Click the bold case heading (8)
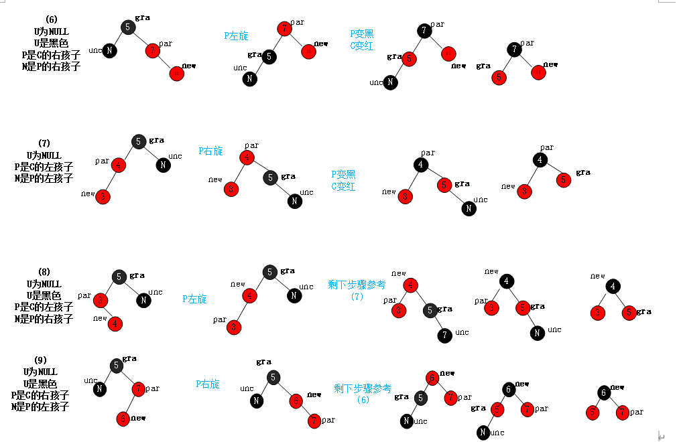click(x=44, y=273)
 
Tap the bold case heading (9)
click(x=40, y=360)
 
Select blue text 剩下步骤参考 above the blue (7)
click(x=357, y=285)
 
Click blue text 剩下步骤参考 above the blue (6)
click(x=363, y=388)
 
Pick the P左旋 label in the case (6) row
click(x=236, y=35)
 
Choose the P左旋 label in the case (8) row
click(x=194, y=299)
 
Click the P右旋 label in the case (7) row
click(x=210, y=151)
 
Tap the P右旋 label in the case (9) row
click(x=208, y=384)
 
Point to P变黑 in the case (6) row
click(x=362, y=33)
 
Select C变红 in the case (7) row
click(x=343, y=187)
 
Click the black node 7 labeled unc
click(x=445, y=335)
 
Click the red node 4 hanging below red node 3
click(x=115, y=324)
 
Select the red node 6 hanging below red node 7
click(x=122, y=419)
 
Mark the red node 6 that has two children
click(x=433, y=378)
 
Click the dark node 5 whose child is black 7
click(x=430, y=310)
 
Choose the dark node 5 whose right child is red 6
click(x=273, y=378)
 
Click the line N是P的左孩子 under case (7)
click(x=44, y=179)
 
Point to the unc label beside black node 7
click(x=463, y=333)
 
